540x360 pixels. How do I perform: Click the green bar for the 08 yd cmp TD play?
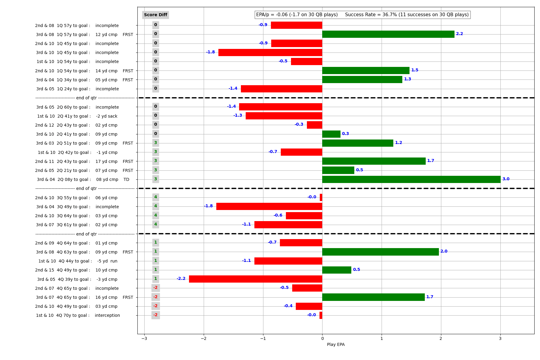coord(411,179)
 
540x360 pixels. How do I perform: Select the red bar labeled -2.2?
coord(255,279)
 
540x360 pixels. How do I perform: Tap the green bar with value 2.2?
coord(388,34)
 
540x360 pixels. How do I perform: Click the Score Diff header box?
coord(155,15)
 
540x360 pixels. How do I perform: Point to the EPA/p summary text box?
coord(362,15)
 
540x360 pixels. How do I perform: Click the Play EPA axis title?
coord(336,344)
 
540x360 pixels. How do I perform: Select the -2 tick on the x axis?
coord(204,339)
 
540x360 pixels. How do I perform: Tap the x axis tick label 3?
coord(500,339)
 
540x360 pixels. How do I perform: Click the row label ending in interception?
coord(78,315)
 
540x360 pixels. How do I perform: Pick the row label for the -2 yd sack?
coord(77,116)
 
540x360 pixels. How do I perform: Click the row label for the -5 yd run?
coord(78,261)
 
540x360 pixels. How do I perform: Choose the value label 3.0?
coord(506,179)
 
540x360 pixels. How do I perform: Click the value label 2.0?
coord(444,251)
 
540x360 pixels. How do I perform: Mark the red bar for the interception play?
coord(321,315)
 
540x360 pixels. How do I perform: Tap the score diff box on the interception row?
coord(155,315)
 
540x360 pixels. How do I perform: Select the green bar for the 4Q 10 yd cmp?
coord(337,270)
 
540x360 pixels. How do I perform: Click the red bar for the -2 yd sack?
coord(284,116)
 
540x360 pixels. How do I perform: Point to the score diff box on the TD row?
coord(155,179)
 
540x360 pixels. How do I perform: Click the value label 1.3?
coord(407,79)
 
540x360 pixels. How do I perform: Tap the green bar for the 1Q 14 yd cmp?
coord(366,70)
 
